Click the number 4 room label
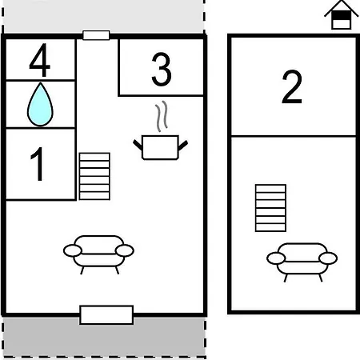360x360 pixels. [x=40, y=60]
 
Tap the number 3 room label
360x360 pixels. [x=162, y=70]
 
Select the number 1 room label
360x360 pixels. [x=38, y=164]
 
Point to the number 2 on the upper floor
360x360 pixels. [x=292, y=86]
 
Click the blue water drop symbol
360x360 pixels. [x=40, y=105]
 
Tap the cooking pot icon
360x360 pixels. [x=160, y=147]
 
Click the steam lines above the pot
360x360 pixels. [x=162, y=116]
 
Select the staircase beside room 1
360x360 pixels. [x=94, y=176]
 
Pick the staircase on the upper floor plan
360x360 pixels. [x=270, y=208]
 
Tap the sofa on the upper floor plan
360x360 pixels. [x=302, y=262]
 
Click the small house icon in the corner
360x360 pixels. [x=342, y=15]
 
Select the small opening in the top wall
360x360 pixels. [x=96, y=35]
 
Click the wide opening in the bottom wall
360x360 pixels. [x=106, y=315]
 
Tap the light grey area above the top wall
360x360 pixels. [x=103, y=17]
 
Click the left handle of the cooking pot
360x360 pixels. [x=138, y=145]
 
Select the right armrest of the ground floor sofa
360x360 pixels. [x=125, y=250]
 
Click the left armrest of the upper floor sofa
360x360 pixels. [x=276, y=258]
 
